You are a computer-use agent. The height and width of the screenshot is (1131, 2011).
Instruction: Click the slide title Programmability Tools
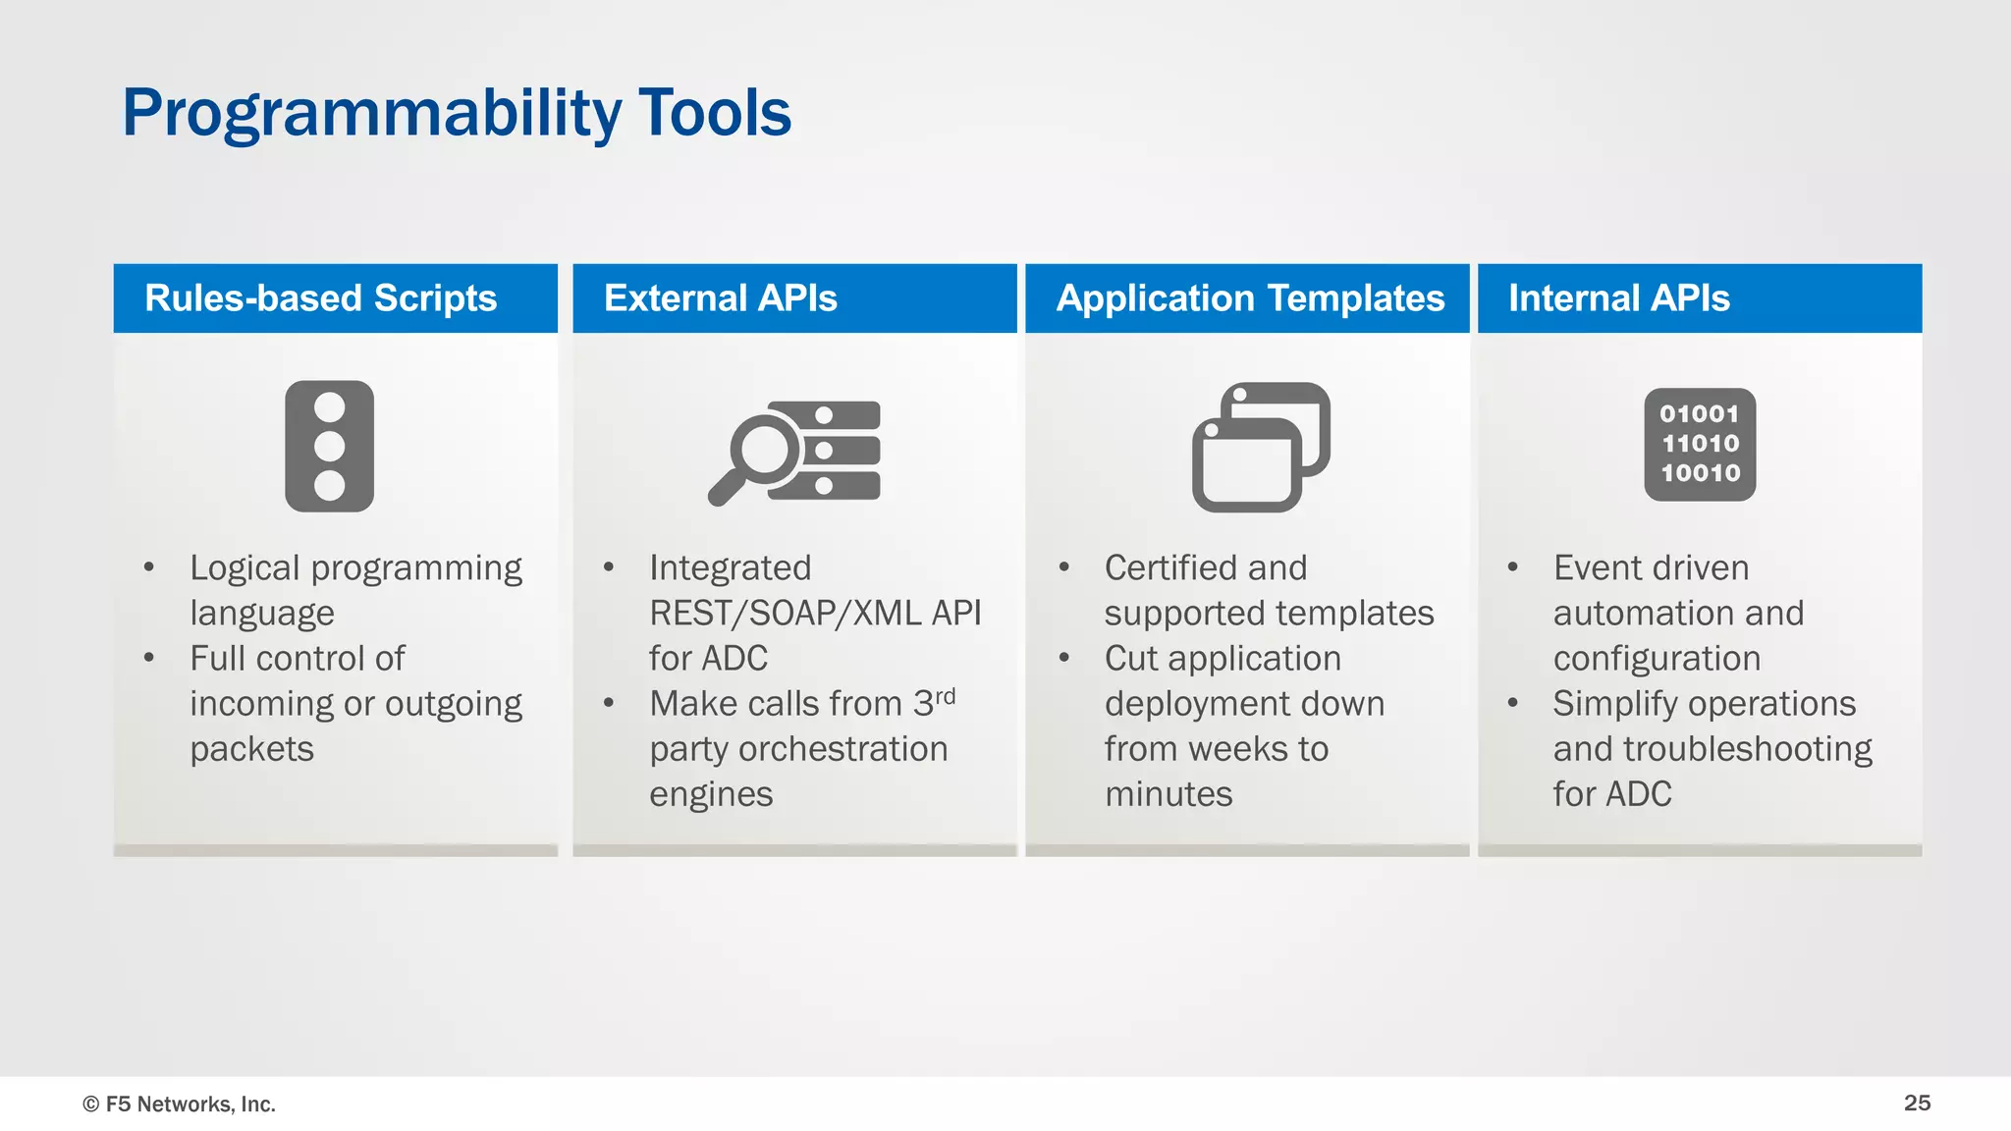coord(456,113)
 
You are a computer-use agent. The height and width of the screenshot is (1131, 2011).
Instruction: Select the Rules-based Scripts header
coord(320,298)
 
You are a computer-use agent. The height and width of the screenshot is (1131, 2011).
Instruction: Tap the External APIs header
coord(720,298)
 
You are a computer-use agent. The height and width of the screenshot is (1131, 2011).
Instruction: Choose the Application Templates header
coord(1249,298)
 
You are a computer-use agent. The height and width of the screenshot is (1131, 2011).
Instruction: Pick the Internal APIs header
coord(1618,298)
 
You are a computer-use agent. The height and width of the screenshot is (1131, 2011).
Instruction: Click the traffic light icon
coord(329,447)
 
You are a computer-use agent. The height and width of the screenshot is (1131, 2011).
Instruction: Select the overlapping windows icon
coord(1260,448)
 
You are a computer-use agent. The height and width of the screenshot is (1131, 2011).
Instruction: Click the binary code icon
coord(1700,445)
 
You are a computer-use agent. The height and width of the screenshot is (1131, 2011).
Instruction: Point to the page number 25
coord(1917,1103)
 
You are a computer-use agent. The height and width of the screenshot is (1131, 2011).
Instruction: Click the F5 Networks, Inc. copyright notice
coord(179,1104)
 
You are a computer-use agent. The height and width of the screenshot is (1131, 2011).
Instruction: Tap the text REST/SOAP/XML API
coord(815,613)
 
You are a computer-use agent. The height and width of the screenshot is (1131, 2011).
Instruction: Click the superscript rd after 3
coord(945,696)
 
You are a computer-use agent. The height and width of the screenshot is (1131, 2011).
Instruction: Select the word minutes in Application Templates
coord(1168,793)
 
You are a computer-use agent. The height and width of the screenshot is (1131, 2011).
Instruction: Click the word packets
coord(251,749)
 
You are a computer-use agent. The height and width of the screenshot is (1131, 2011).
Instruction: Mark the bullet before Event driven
coord(1513,567)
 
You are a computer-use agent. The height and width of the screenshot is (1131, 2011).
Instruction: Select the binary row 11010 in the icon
coord(1700,444)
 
